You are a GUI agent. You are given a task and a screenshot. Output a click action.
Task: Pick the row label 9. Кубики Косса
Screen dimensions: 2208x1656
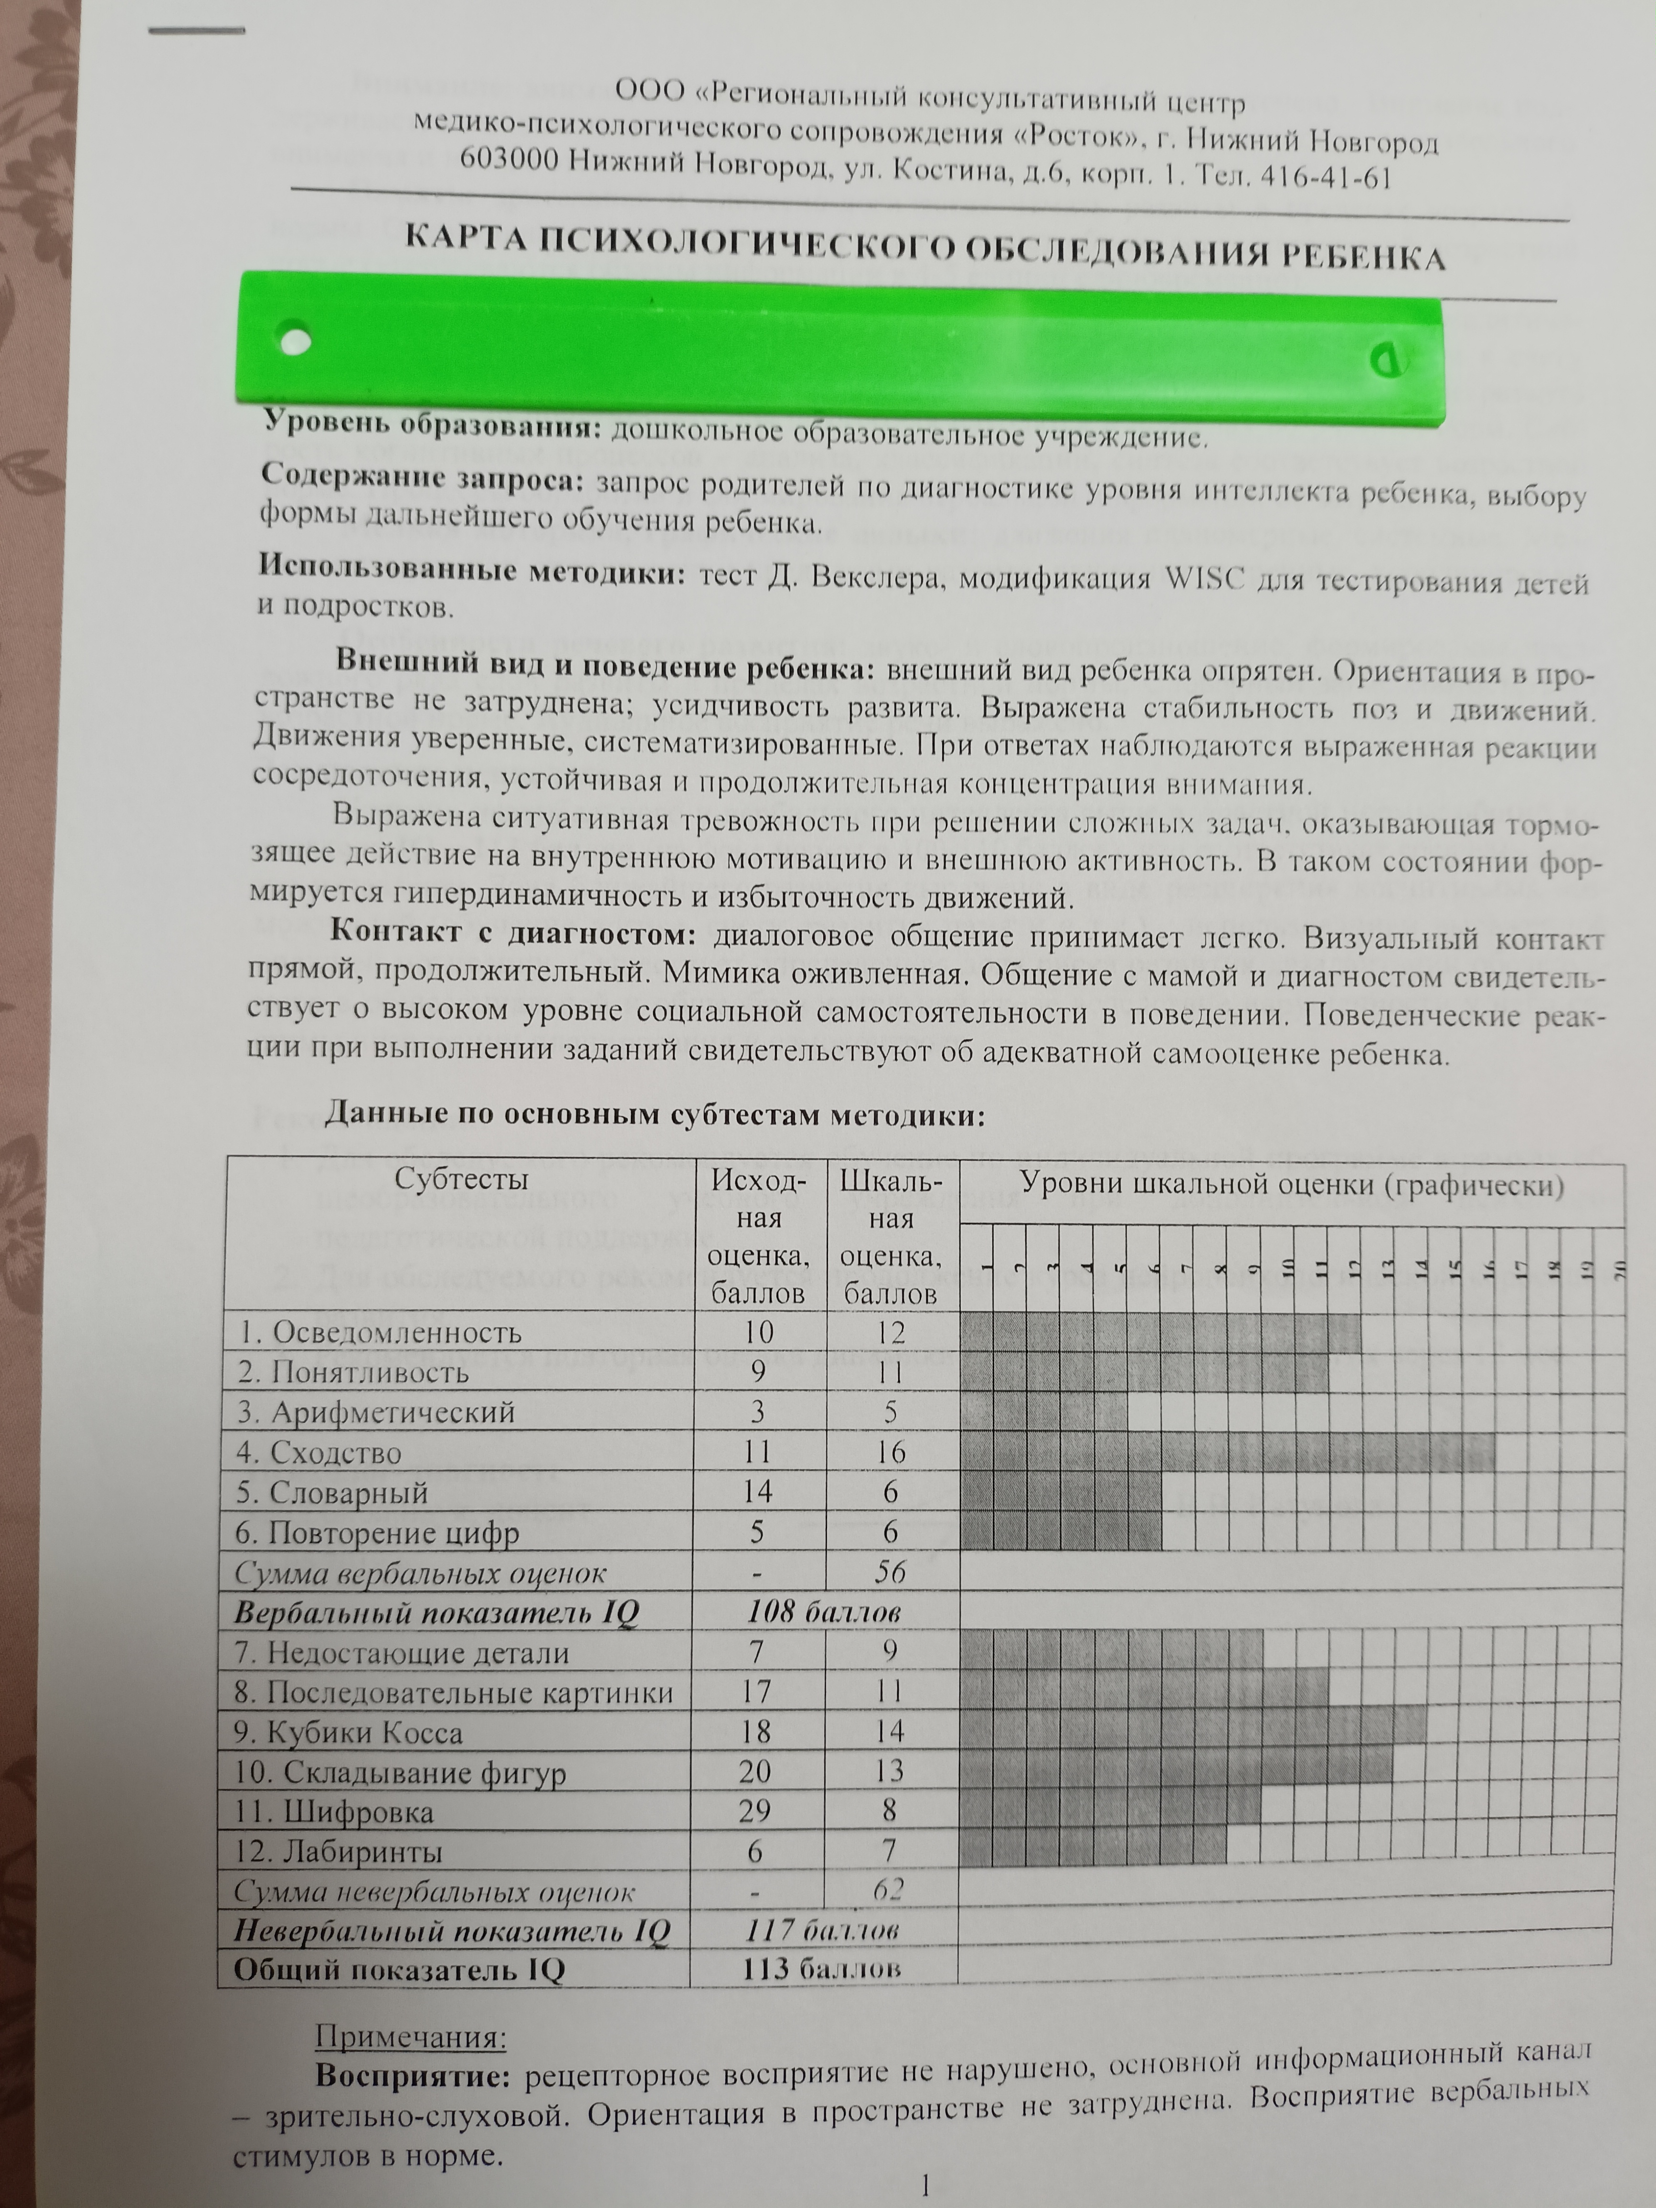click(x=350, y=1732)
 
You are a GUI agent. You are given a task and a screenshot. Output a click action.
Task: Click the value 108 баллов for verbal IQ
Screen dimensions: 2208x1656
click(x=824, y=1612)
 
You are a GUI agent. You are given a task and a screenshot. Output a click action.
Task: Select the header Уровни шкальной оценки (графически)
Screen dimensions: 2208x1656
click(x=1291, y=1185)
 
